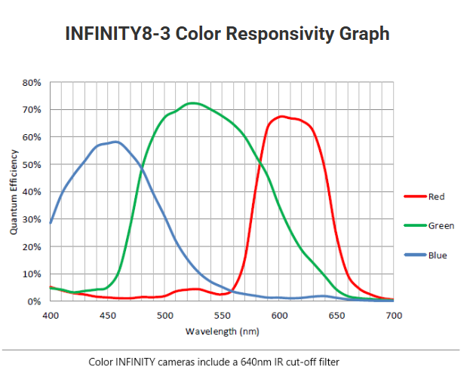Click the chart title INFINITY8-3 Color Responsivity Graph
click(x=238, y=34)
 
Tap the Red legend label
click(x=437, y=197)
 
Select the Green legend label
click(x=441, y=225)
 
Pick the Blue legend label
click(x=438, y=255)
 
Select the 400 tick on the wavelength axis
click(x=51, y=314)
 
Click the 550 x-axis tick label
click(x=223, y=314)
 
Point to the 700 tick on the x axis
click(x=394, y=314)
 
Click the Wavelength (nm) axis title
click(x=223, y=331)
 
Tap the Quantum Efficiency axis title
click(x=14, y=191)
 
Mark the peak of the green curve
click(x=193, y=102)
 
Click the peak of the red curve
click(x=281, y=116)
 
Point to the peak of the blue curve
click(x=115, y=141)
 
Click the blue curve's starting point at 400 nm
click(x=51, y=223)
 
